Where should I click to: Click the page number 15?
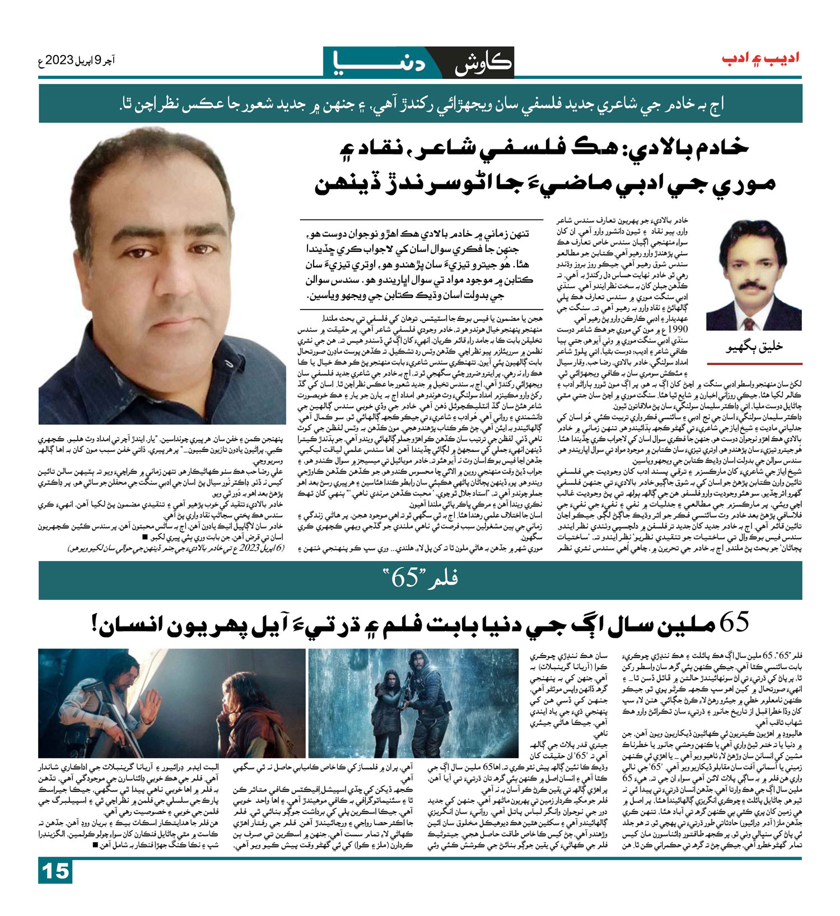coord(55,871)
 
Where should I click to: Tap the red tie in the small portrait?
coord(749,324)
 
